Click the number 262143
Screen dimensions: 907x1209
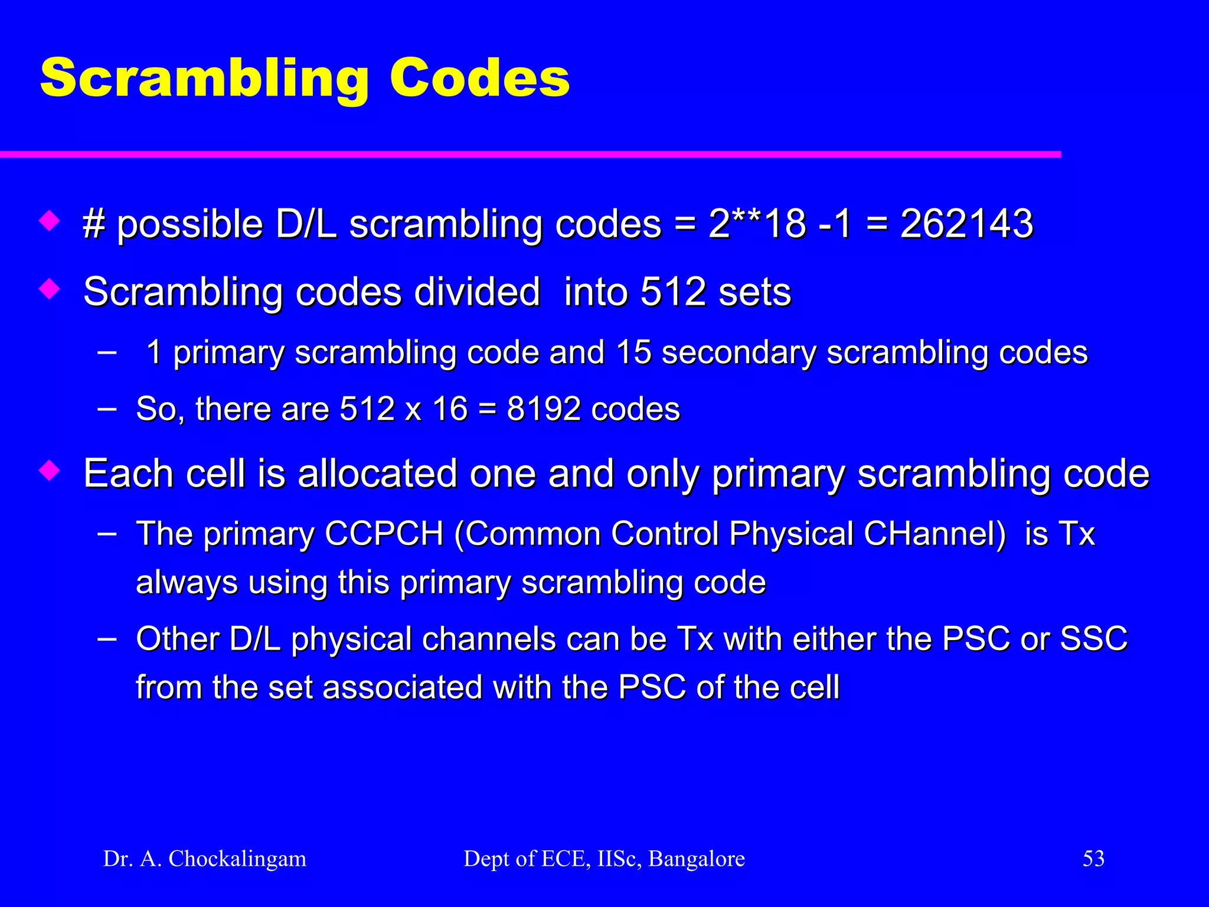click(x=966, y=224)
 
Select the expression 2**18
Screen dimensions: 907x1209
click(x=757, y=224)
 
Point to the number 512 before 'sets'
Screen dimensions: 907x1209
click(x=673, y=292)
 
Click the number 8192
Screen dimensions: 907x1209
click(x=544, y=409)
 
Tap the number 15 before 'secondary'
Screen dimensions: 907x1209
click(x=633, y=353)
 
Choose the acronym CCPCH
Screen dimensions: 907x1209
click(x=384, y=534)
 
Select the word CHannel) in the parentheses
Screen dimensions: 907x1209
click(x=934, y=534)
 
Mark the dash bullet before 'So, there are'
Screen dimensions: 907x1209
click(x=107, y=407)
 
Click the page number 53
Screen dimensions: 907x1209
click(x=1093, y=859)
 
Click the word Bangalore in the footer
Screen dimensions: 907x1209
click(x=697, y=859)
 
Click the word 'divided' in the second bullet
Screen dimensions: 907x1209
click(x=477, y=292)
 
